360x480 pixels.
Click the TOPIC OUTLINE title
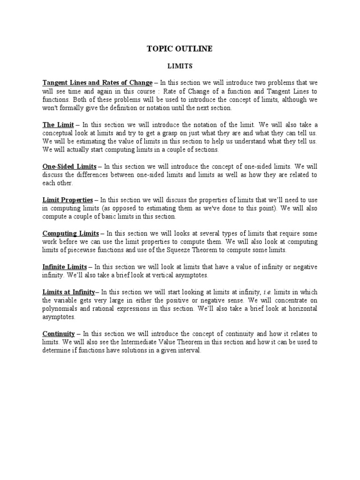coord(180,49)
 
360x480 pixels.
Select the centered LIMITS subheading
coord(180,67)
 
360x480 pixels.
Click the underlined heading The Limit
coord(58,125)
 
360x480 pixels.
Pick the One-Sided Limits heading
coord(69,166)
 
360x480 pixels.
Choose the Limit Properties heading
coord(67,200)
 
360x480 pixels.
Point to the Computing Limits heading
coord(70,233)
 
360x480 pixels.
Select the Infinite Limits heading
coord(65,267)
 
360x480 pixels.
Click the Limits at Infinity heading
coord(68,292)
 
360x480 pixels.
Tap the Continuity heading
coord(59,334)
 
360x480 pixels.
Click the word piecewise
coord(77,250)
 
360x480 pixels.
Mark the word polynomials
coord(60,309)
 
